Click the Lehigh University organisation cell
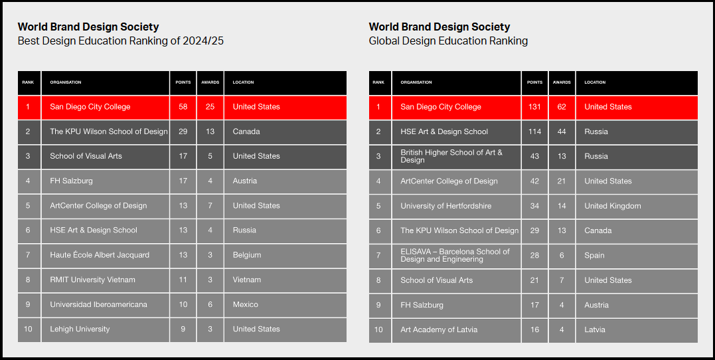click(x=80, y=329)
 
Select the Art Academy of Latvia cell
click(x=439, y=329)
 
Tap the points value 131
click(x=534, y=107)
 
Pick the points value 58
click(x=183, y=107)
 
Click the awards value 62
click(x=562, y=107)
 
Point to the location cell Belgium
click(x=247, y=255)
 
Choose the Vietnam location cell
click(x=247, y=280)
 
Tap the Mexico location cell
click(x=246, y=304)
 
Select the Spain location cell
click(x=594, y=255)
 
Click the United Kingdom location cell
click(x=612, y=206)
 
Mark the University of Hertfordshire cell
click(x=446, y=206)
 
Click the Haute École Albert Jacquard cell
click(x=100, y=255)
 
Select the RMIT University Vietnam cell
click(x=92, y=280)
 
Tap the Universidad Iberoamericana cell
click(x=98, y=304)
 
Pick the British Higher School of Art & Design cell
click(x=451, y=156)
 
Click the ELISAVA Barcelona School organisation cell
click(x=455, y=255)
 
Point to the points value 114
click(x=534, y=132)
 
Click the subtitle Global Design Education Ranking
click(x=448, y=41)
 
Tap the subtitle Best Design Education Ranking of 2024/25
click(x=120, y=41)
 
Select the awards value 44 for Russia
click(x=562, y=132)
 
